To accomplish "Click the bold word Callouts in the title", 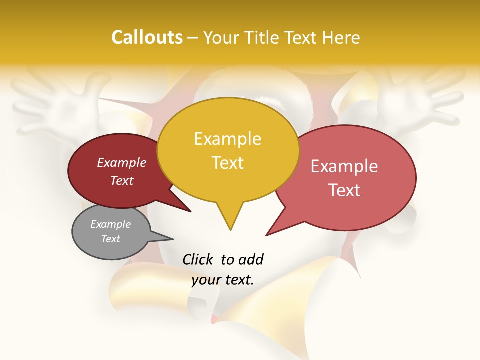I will (x=147, y=37).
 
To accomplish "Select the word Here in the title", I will (x=341, y=37).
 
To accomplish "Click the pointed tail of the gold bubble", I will (x=230, y=227).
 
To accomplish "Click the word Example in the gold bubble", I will (x=227, y=139).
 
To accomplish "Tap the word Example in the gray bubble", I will (x=111, y=224).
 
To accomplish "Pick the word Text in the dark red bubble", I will (x=122, y=181).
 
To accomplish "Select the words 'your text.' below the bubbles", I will (x=223, y=280).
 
